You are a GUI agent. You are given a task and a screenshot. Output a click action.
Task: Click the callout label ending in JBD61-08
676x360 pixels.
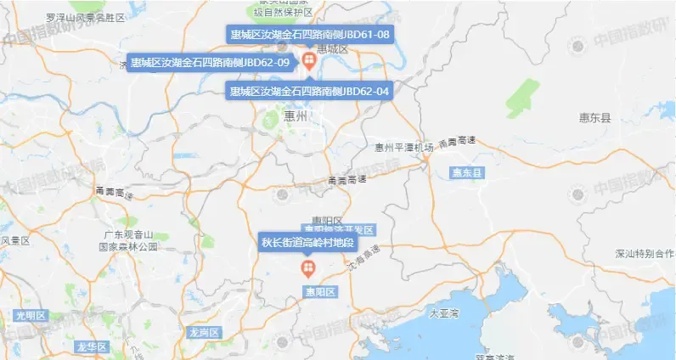pyautogui.click(x=310, y=35)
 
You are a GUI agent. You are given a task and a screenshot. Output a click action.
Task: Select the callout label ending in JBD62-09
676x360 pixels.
pyautogui.click(x=211, y=63)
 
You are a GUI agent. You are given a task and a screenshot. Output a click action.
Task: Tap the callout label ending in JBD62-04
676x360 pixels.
pyautogui.click(x=310, y=91)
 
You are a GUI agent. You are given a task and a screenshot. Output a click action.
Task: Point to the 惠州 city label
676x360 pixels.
pyautogui.click(x=296, y=116)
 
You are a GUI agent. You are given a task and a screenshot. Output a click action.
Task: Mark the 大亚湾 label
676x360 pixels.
pyautogui.click(x=443, y=313)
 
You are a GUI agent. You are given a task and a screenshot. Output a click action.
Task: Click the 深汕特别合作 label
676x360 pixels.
pyautogui.click(x=645, y=254)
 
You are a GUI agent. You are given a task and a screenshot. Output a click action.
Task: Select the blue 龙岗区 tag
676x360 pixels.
pyautogui.click(x=205, y=332)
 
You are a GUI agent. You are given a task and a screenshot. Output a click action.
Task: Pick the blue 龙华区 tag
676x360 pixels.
pyautogui.click(x=89, y=346)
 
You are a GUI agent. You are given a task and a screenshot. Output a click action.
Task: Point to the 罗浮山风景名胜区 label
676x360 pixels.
pyautogui.click(x=85, y=17)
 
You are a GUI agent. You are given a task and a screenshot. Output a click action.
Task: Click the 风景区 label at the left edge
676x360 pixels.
pyautogui.click(x=15, y=241)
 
